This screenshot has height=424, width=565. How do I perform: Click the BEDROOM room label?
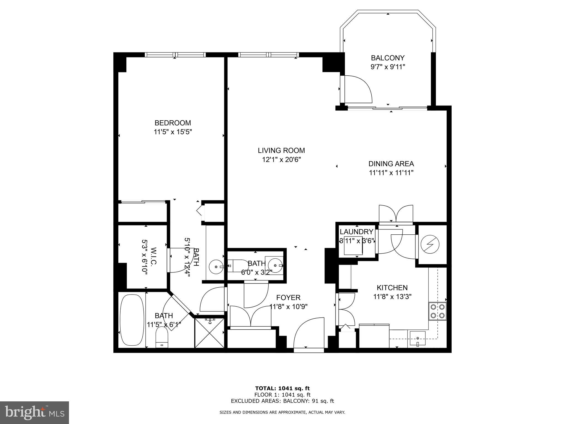[x=172, y=123]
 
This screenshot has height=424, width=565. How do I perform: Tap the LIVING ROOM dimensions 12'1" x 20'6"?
[x=281, y=160]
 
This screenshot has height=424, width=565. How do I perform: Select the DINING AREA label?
[x=391, y=164]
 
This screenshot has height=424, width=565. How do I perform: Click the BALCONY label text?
[x=387, y=58]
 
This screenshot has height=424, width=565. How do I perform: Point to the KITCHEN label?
[x=392, y=288]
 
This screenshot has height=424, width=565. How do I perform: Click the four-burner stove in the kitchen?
[x=437, y=311]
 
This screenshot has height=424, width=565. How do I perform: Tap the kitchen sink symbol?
[x=417, y=339]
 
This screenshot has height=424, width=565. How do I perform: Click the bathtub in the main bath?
[x=132, y=320]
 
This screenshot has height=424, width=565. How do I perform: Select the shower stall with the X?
[x=209, y=333]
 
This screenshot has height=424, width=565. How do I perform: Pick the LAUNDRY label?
[x=356, y=232]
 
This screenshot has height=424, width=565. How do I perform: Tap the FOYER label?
[x=288, y=298]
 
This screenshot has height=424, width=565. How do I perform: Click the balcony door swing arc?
[x=359, y=88]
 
